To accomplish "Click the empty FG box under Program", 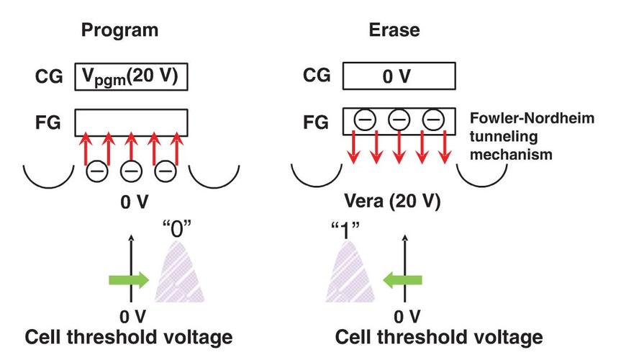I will (x=132, y=122).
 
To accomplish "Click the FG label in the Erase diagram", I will (x=314, y=123).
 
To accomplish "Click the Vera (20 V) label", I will (x=396, y=204).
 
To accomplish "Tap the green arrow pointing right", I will (x=127, y=279).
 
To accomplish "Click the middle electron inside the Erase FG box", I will (x=397, y=121).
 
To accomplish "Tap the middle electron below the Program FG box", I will (x=132, y=171).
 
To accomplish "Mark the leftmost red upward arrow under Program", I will (x=84, y=148).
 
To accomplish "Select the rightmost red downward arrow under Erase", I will (x=447, y=148).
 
